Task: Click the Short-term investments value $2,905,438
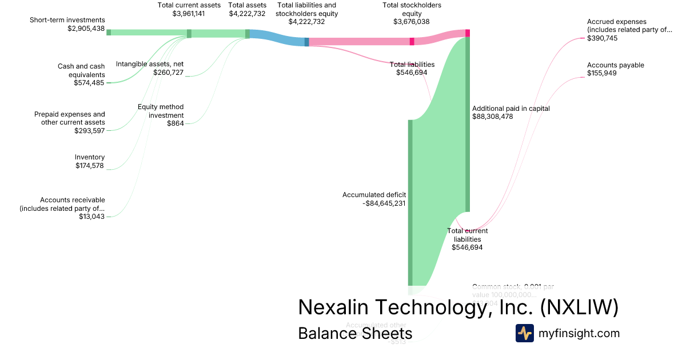pos(86,28)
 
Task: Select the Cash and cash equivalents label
pos(81,70)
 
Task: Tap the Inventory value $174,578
pos(90,166)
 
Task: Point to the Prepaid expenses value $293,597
pos(90,131)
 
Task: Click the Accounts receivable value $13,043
pos(92,217)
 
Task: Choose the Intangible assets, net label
pos(150,63)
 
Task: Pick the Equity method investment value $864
pos(175,123)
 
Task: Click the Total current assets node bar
pos(189,34)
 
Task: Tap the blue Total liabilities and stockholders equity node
pos(307,42)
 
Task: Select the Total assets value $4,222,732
pos(247,14)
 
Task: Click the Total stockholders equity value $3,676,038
pos(411,22)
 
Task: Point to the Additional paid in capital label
pos(510,108)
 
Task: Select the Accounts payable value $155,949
pos(602,73)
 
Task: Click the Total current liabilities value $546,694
pos(467,247)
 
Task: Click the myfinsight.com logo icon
pos(524,333)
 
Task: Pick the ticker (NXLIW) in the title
pos(579,307)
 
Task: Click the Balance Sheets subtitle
pos(355,333)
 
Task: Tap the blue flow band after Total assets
pos(277,38)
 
